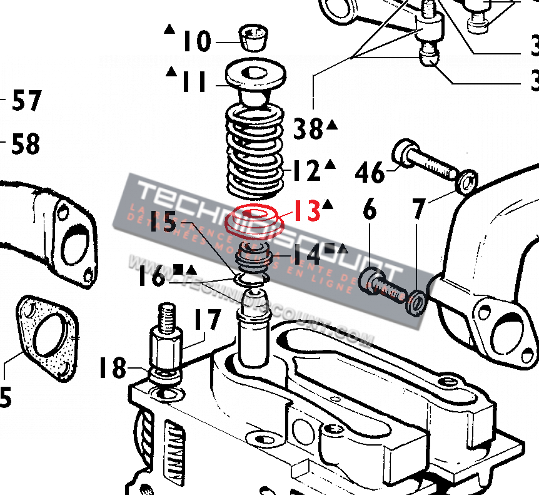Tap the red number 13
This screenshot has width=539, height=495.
(306, 211)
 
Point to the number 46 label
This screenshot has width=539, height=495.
(370, 171)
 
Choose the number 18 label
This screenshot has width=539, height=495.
(113, 368)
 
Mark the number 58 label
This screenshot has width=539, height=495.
(26, 145)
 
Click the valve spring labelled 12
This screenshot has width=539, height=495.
(254, 150)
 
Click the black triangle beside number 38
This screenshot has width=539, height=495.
(332, 125)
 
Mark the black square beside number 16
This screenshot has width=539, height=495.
(178, 269)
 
